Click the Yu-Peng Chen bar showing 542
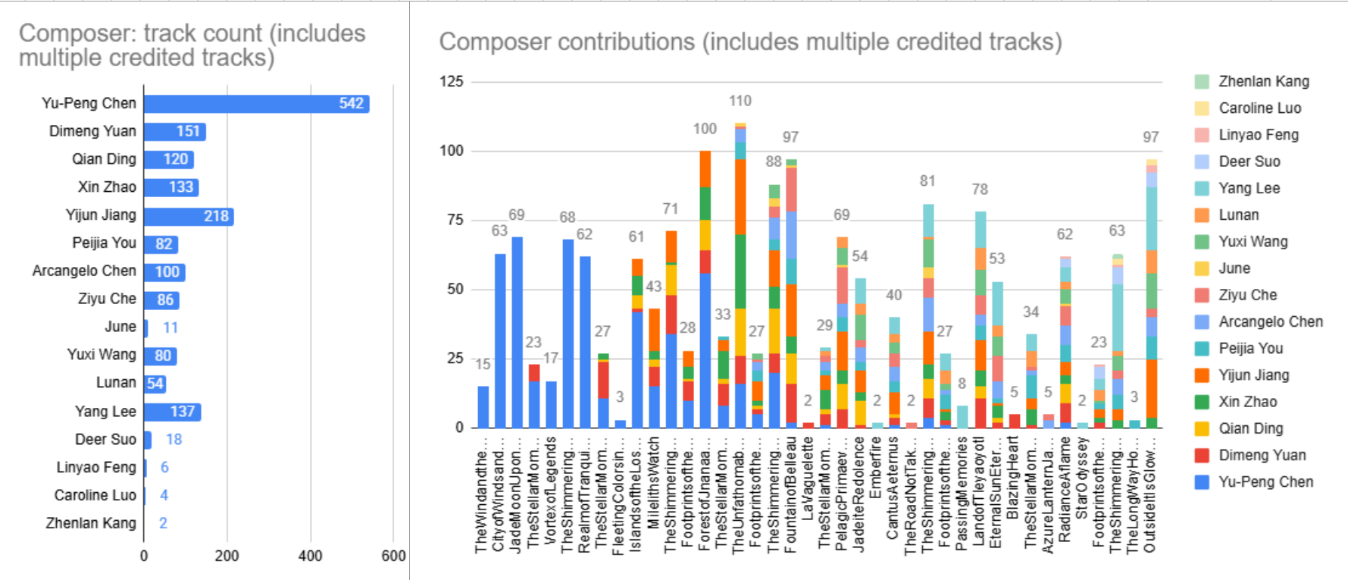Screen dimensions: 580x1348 coord(256,103)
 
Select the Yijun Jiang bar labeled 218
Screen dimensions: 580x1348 coord(188,216)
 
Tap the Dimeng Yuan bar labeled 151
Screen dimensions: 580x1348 coord(174,131)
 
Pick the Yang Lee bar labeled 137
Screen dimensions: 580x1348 coord(172,412)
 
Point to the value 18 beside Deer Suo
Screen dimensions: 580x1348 coord(174,440)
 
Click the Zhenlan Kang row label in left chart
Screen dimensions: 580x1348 coord(91,523)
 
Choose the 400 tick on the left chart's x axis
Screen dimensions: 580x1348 coord(310,556)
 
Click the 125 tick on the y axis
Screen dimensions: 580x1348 coord(451,82)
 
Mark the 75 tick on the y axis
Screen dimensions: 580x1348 coord(454,220)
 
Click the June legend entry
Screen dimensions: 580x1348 coord(1234,268)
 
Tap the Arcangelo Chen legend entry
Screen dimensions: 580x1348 coord(1270,321)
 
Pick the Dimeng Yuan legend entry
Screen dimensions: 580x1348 coord(1262,455)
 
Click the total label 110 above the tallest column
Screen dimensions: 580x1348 coord(740,101)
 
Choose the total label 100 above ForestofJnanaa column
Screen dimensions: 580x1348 coord(705,129)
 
